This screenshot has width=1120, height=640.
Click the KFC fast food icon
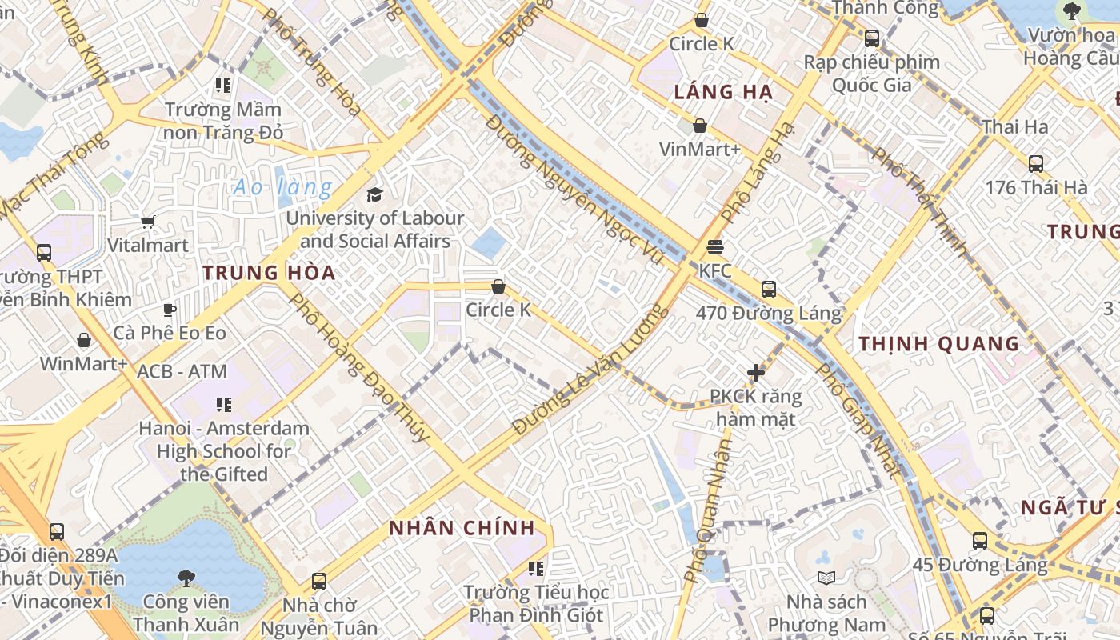click(x=714, y=247)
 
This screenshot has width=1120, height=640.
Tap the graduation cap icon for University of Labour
click(x=374, y=194)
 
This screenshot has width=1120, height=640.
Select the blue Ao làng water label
click(x=282, y=188)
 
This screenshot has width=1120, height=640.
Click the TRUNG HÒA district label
click(x=269, y=273)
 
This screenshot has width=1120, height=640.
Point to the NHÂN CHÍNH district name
click(x=462, y=528)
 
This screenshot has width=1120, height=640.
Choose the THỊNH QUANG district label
click(x=939, y=344)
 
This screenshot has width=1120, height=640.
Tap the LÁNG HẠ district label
click(x=723, y=92)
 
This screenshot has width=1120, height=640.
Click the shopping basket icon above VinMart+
click(x=699, y=126)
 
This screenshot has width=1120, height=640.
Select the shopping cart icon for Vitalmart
click(x=147, y=222)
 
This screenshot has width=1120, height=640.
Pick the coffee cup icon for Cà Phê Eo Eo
click(x=169, y=310)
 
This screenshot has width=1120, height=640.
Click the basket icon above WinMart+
click(x=83, y=341)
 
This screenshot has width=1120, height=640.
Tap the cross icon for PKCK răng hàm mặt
click(x=755, y=373)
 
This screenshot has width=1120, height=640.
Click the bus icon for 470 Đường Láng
click(x=768, y=290)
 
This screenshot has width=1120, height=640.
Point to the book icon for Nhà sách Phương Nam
click(x=826, y=578)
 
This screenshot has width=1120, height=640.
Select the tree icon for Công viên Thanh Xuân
click(x=186, y=578)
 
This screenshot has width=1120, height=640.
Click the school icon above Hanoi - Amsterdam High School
click(x=223, y=405)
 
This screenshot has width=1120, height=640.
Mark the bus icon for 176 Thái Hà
click(x=1035, y=164)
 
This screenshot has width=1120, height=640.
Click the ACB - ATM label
click(x=182, y=372)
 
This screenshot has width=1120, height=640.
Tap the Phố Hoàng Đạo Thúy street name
click(x=358, y=368)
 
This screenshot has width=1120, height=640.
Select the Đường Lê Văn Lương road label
click(x=590, y=370)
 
